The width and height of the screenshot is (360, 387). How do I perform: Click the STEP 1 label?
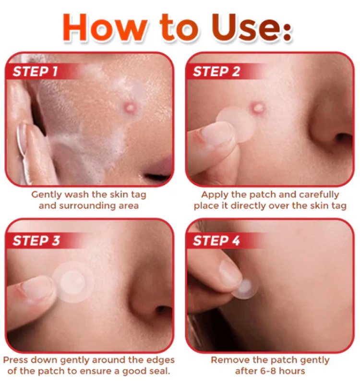click(35, 72)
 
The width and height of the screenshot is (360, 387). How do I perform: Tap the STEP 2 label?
click(216, 72)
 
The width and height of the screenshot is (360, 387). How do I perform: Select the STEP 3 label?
click(36, 241)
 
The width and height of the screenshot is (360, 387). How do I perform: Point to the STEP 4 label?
click(216, 241)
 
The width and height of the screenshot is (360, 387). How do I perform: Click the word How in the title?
click(105, 27)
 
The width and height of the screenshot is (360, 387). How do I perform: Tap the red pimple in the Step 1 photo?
click(130, 108)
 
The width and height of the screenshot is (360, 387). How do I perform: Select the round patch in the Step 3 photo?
click(73, 282)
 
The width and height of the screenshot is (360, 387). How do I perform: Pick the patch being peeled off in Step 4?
click(245, 288)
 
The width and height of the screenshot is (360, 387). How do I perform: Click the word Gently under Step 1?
click(46, 195)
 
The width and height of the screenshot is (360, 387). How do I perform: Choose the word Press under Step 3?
click(15, 360)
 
